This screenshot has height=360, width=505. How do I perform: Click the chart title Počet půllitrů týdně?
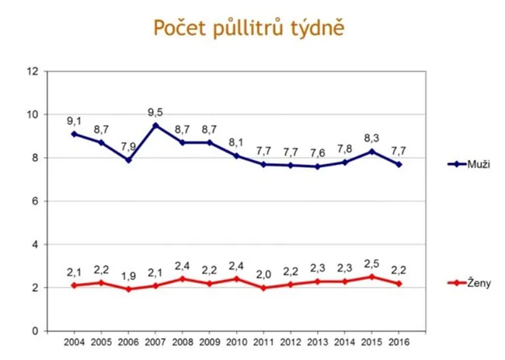(249, 28)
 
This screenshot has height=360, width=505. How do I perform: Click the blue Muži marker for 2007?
(155, 125)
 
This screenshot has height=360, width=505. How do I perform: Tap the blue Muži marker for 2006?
(128, 160)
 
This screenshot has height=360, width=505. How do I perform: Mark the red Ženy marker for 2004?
(74, 285)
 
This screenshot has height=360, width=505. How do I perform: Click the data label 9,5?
(156, 112)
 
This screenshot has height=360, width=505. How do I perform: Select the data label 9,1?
(75, 121)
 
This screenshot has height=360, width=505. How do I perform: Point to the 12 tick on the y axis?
(33, 72)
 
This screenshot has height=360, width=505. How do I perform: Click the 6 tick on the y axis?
(36, 201)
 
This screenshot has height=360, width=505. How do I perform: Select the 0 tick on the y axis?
(36, 331)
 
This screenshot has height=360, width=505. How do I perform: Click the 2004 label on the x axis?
(74, 341)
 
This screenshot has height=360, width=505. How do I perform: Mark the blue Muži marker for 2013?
(317, 166)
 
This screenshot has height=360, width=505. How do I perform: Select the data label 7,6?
(317, 153)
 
